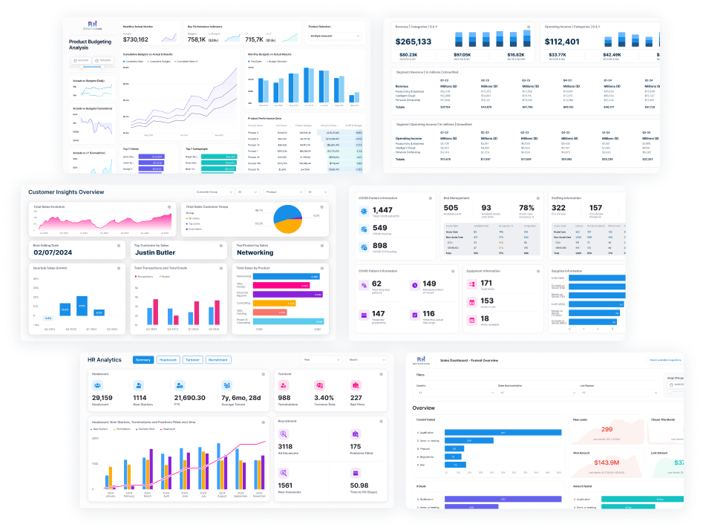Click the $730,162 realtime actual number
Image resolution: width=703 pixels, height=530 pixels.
coord(137,39)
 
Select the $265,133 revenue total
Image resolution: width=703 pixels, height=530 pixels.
coord(413,42)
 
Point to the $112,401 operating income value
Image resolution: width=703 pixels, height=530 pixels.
coord(562,42)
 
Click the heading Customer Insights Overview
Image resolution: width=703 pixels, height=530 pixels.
coord(66,192)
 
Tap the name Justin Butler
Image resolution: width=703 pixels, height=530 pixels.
coord(161,252)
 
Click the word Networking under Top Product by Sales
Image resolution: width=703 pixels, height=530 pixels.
coord(255,252)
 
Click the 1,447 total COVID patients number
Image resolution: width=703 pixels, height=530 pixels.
coord(383,211)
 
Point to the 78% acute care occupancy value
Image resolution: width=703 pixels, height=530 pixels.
coord(526,208)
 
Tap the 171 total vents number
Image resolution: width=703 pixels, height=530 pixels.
coord(486,283)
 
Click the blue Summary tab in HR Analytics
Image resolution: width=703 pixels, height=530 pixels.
coord(143,360)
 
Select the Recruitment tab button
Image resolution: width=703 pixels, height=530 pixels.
coord(218,360)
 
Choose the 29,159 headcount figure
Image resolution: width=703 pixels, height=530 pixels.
coord(102,397)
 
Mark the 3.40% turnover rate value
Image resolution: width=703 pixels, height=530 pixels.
coord(324,397)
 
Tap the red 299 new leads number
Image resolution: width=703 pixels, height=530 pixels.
coord(606,429)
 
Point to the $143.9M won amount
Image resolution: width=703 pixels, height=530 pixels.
coord(606,462)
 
